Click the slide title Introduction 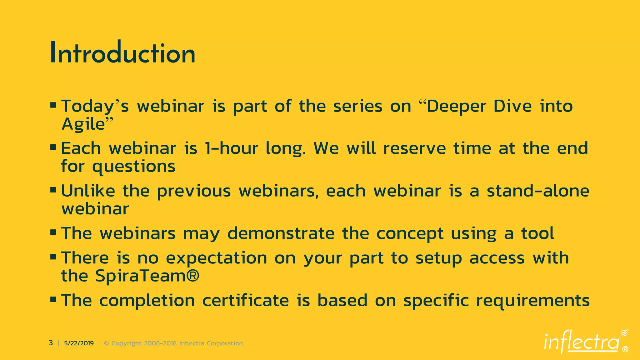[x=122, y=53]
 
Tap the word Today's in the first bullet [x=95, y=106]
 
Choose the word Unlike [x=88, y=191]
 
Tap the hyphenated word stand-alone [x=538, y=191]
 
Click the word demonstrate [x=281, y=233]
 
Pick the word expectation [x=216, y=258]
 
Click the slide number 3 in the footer [x=51, y=343]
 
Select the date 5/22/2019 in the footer [x=79, y=343]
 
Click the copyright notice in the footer [x=173, y=343]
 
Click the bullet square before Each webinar [x=53, y=147]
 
